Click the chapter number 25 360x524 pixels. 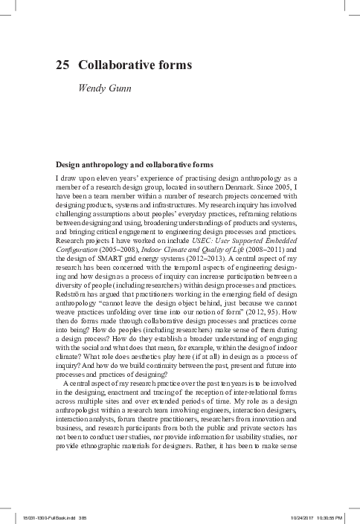coord(63,65)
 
